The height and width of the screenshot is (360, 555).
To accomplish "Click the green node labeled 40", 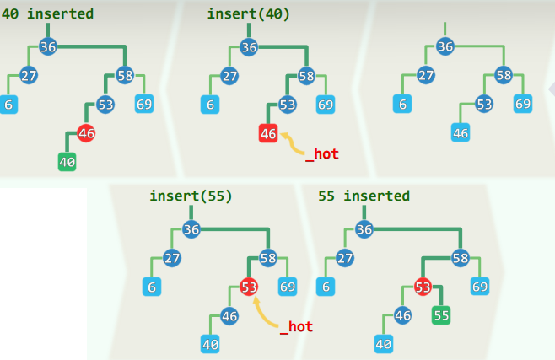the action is click(x=67, y=161).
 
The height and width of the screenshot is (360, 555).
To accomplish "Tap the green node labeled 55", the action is click(x=441, y=315).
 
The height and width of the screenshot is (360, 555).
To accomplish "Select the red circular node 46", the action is click(x=86, y=132).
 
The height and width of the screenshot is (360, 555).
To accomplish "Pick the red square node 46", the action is click(x=268, y=132).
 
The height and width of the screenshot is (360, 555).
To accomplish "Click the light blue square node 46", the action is click(x=461, y=132).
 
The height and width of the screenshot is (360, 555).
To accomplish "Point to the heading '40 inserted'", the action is click(x=47, y=13).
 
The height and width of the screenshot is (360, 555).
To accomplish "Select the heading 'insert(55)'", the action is click(x=191, y=196).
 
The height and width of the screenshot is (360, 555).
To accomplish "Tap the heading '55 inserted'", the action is click(x=364, y=196).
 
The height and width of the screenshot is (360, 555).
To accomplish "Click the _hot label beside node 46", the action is click(x=321, y=153).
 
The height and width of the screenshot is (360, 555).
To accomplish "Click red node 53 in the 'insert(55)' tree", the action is click(x=249, y=287).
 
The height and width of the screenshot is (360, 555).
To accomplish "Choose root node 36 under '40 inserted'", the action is click(x=48, y=46).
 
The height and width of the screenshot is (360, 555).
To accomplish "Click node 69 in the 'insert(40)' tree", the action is click(x=326, y=105).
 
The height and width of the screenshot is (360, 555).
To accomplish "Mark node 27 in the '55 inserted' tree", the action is click(x=345, y=258).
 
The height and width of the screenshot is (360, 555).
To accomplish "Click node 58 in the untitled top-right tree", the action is click(x=504, y=75).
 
